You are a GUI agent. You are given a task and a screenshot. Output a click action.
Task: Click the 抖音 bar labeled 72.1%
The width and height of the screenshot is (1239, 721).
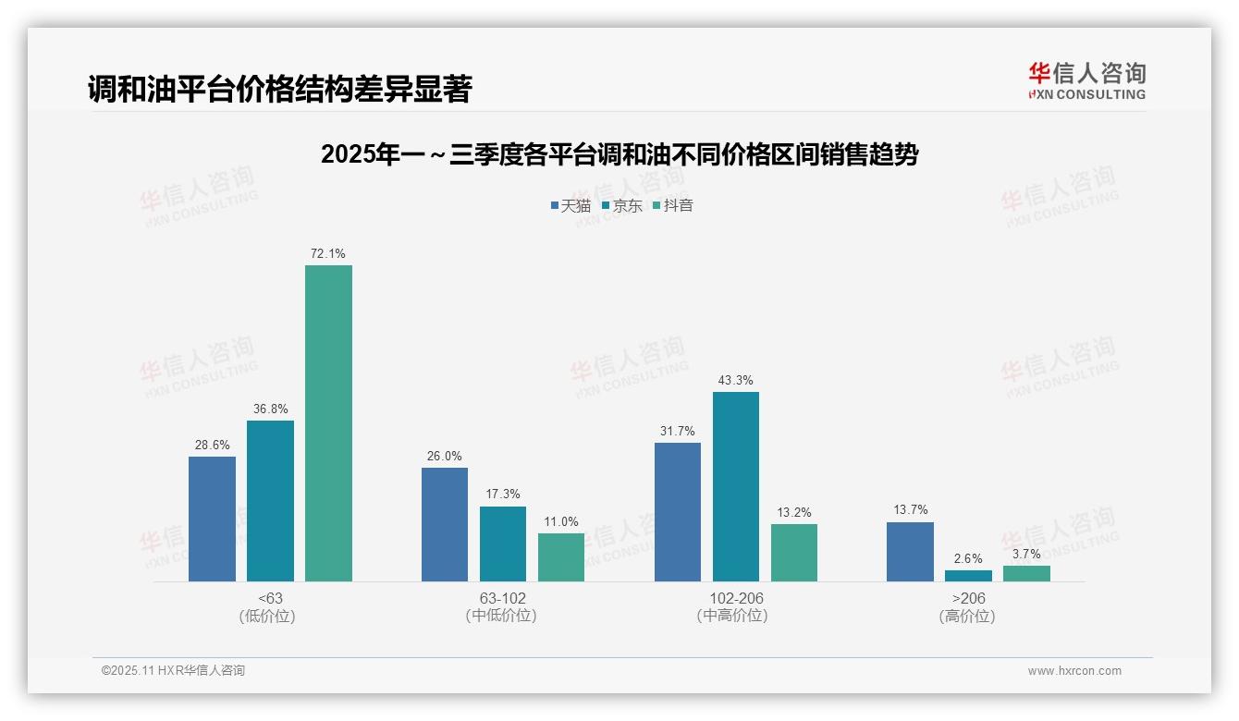[328, 423]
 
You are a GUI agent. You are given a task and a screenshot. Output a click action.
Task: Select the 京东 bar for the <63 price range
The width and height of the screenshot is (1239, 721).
[270, 501]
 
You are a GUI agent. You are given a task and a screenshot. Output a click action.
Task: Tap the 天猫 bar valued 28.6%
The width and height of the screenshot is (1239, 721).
[212, 519]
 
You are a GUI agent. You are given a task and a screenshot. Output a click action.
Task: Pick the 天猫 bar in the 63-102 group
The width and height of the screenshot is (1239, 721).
[445, 524]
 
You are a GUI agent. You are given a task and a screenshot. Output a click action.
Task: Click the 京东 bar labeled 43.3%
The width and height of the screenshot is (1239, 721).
[736, 486]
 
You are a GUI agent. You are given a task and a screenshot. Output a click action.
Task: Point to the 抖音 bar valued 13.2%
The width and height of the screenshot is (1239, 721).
[794, 553]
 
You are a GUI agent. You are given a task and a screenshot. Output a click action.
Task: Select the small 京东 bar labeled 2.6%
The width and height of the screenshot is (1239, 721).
[968, 576]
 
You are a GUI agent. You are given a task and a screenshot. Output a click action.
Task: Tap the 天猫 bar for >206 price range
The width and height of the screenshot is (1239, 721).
[910, 552]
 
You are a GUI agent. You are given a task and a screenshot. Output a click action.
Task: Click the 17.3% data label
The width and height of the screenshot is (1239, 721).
[503, 494]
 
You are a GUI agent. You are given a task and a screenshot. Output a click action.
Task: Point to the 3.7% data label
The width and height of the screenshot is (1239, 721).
[1026, 554]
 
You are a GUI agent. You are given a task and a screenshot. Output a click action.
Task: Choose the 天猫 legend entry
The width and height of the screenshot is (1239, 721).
[570, 206]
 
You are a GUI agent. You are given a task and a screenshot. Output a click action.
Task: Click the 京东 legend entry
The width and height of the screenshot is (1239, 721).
[622, 206]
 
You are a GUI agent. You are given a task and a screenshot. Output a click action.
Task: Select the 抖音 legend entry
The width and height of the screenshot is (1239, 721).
[673, 206]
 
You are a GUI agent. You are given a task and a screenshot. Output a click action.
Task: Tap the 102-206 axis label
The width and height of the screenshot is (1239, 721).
[737, 598]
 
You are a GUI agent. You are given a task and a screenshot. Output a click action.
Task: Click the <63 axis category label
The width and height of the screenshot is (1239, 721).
[271, 598]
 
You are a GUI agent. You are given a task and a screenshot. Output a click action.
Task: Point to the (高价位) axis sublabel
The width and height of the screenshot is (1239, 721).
[967, 616]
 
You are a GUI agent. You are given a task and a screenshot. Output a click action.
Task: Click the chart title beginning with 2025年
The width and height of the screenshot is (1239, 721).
[619, 154]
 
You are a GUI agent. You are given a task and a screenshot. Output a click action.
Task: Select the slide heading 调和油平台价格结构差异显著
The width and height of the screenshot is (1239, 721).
[280, 89]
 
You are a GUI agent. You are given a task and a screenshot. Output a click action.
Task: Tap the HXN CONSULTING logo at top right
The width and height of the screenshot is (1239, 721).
[1086, 81]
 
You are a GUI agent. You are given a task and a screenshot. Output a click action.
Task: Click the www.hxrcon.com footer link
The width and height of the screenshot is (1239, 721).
[1074, 671]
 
